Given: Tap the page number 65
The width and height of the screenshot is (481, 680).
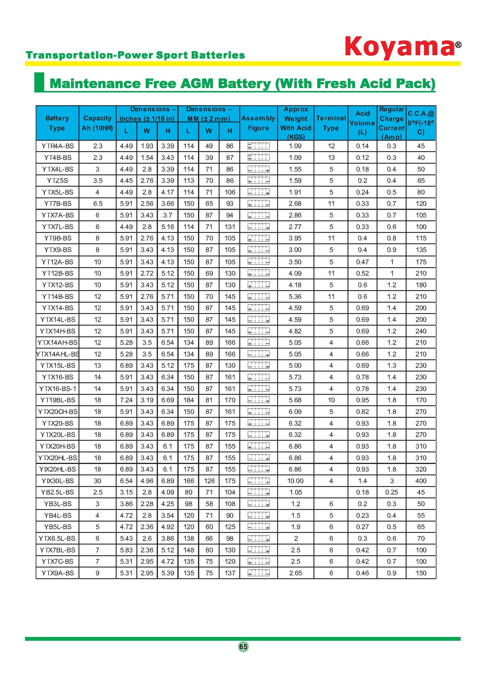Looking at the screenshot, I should pos(243,646).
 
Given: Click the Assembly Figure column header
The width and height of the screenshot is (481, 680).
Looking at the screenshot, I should pos(258,123).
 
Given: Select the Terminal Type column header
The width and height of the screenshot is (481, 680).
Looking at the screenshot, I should pos(331,123).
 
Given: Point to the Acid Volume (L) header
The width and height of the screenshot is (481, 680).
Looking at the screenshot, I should pos(362,123).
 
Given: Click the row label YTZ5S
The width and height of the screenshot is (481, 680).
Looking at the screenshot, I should pos(58,181).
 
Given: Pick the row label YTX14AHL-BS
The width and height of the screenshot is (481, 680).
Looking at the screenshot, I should pos(58,354).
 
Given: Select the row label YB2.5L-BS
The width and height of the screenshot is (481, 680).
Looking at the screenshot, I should pos(58,492).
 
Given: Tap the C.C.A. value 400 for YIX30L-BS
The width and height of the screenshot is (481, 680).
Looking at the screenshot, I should pos(421,481).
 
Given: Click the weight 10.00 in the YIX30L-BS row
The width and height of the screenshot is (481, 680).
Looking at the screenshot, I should pos(295,481).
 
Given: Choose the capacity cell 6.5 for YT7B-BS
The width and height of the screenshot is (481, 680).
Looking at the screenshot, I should pos(97,204).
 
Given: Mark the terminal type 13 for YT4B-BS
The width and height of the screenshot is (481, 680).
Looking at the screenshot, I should pos(331,158).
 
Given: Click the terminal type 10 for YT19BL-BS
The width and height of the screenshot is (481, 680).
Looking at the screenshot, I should pos(331,400).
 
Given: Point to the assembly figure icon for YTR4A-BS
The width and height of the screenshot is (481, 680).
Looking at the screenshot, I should pos(259,146).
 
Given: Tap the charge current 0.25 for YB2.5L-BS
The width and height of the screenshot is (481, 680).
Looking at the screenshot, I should pos(391,492).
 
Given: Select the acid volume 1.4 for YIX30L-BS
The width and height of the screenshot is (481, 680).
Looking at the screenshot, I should pos(363,481).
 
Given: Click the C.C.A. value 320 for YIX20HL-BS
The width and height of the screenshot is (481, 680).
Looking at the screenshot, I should pos(421,469).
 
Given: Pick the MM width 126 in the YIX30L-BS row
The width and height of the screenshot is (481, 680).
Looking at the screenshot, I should pos(209,481).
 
